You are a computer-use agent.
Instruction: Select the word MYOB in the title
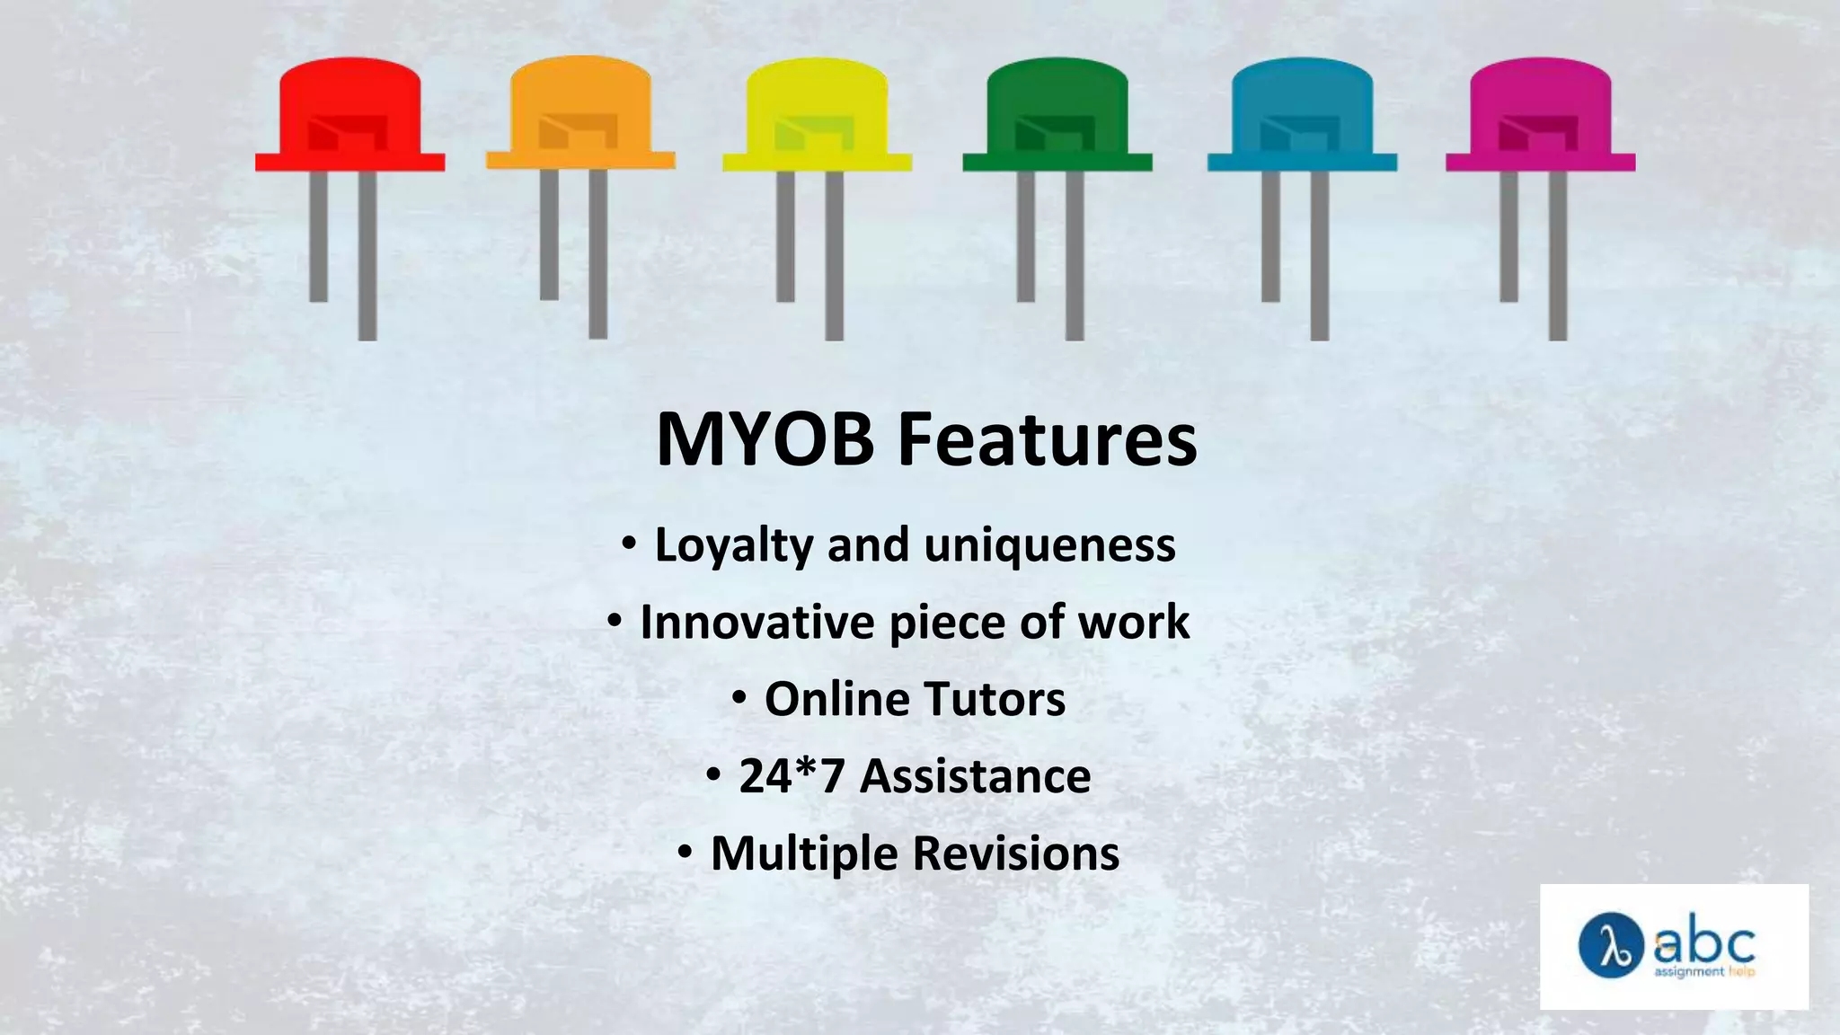[765, 439]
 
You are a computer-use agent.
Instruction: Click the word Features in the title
[1048, 439]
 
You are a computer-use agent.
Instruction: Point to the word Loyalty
[733, 545]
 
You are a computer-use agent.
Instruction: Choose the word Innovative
[756, 622]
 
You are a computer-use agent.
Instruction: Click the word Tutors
[994, 699]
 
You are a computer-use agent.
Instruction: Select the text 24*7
[792, 776]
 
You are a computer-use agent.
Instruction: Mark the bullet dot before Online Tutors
[739, 697]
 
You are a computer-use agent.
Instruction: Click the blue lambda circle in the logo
[1611, 945]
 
